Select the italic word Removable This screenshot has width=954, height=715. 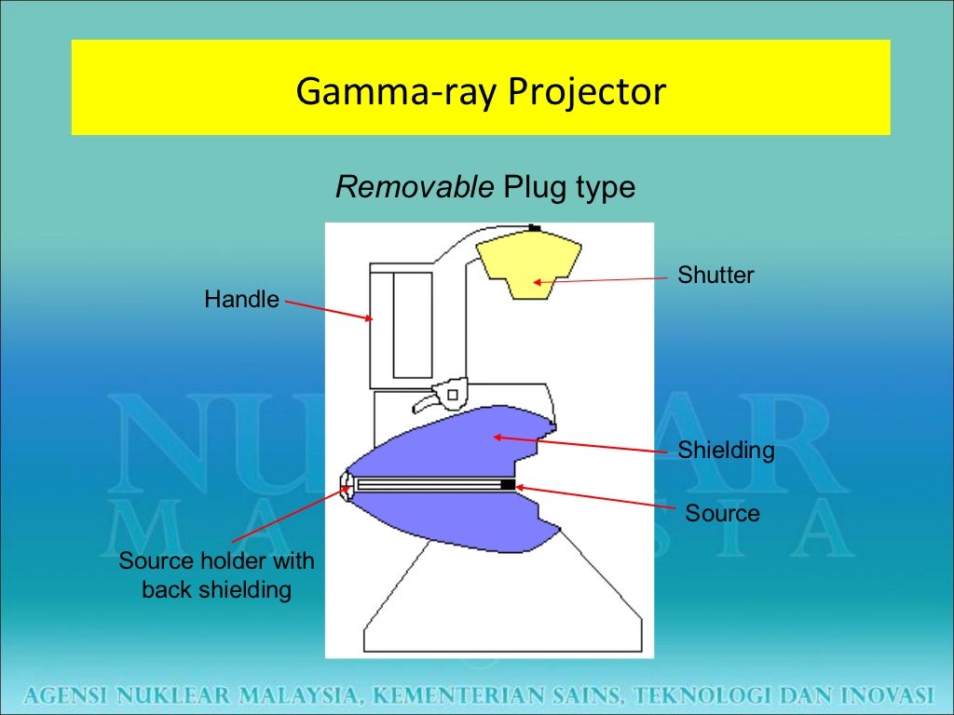415,187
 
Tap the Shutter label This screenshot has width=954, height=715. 715,276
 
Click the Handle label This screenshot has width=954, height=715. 241,300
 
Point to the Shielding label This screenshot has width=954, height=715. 726,451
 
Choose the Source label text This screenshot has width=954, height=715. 722,513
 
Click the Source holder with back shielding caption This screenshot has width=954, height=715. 216,575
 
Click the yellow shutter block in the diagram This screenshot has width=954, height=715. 530,263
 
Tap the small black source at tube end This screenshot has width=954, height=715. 507,485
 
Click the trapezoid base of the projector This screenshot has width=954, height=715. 503,614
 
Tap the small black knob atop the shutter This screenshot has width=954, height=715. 534,228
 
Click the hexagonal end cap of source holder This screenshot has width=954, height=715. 348,485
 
